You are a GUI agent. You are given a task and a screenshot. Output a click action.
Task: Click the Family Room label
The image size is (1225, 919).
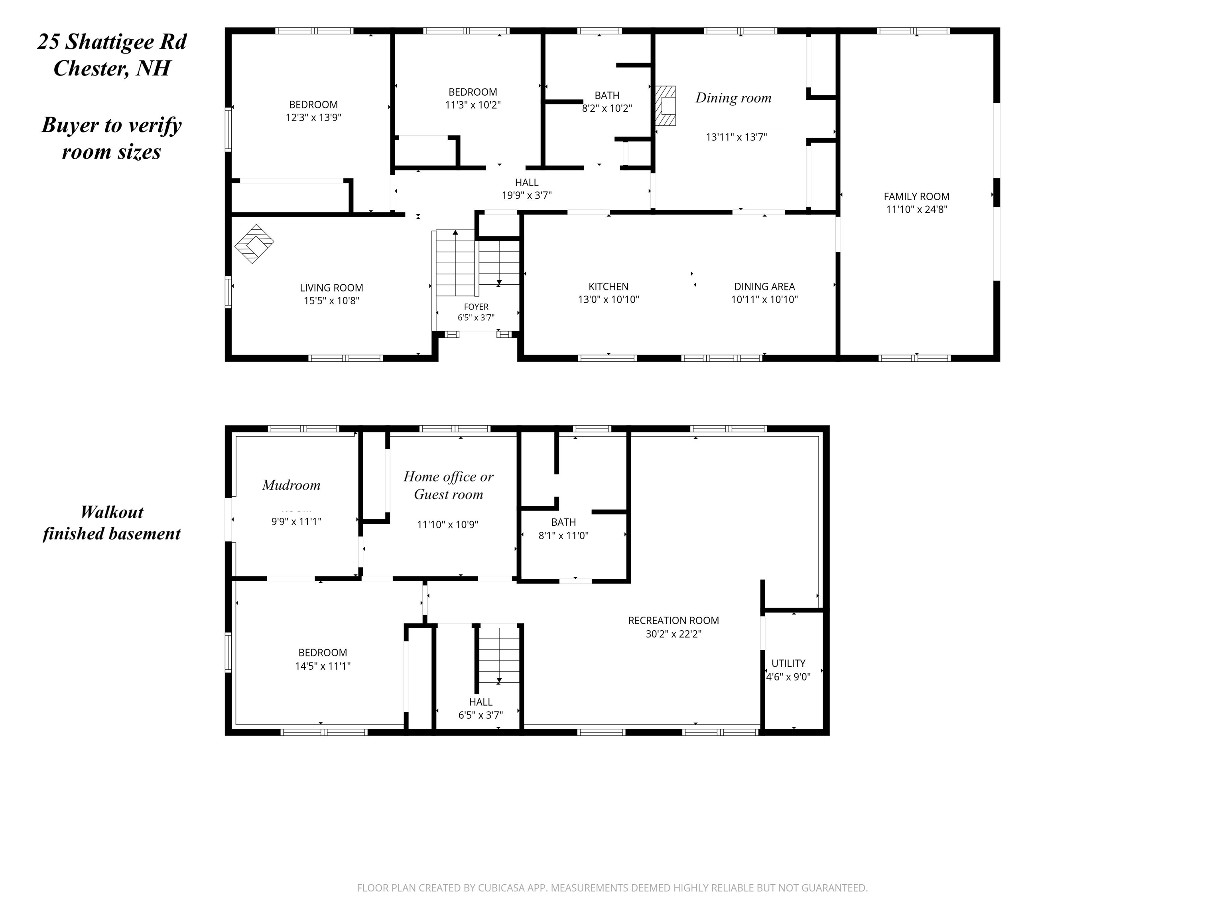(916, 197)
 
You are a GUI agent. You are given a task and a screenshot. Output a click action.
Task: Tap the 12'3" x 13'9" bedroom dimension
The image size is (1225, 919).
(313, 117)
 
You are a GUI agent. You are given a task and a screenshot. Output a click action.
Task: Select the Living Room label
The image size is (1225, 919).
(331, 288)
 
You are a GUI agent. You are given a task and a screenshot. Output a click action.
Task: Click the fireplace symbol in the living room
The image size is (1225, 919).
(254, 244)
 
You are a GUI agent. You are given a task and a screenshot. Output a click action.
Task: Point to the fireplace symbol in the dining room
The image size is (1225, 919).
(666, 106)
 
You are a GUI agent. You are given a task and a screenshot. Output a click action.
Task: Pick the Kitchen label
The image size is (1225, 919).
(608, 286)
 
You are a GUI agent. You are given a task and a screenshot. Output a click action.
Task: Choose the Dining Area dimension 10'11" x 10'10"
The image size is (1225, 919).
(764, 300)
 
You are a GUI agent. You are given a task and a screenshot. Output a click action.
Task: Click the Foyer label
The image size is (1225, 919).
(476, 307)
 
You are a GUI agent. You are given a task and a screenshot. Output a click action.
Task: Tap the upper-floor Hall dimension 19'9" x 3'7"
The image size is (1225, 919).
(527, 195)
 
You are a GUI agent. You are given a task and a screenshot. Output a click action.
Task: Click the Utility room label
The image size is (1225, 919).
(788, 663)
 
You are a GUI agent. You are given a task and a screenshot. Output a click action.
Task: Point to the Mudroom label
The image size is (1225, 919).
(291, 485)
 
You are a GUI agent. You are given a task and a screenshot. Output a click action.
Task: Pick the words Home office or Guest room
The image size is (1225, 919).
(449, 485)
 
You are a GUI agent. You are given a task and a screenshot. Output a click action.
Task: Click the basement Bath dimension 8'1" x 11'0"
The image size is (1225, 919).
(563, 536)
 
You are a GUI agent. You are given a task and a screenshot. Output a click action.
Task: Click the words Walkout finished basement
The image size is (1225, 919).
(112, 523)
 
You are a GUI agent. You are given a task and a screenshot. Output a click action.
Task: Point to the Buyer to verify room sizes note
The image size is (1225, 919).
(112, 138)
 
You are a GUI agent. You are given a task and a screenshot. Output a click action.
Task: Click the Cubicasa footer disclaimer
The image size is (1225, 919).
(612, 888)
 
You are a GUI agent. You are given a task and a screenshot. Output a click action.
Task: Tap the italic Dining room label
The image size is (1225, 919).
(733, 98)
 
